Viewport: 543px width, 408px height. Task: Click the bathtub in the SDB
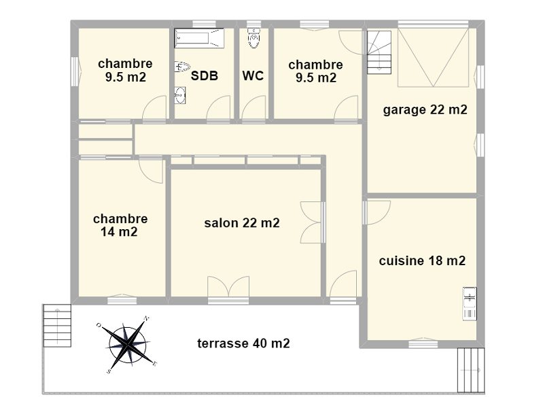pyautogui.click(x=199, y=38)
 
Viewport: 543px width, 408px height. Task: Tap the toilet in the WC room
pyautogui.click(x=254, y=37)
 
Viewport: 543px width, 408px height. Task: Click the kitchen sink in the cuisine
pyautogui.click(x=470, y=304)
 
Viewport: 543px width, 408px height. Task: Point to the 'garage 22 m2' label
pyautogui.click(x=425, y=110)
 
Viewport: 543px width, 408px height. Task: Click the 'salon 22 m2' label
pyautogui.click(x=242, y=223)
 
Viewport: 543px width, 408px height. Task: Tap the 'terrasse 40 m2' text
pyautogui.click(x=243, y=343)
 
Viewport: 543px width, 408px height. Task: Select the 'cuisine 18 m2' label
pyautogui.click(x=422, y=260)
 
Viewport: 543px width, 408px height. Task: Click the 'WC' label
pyautogui.click(x=253, y=75)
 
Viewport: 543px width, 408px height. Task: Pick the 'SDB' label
pyautogui.click(x=205, y=76)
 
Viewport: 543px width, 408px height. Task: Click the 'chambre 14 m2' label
pyautogui.click(x=120, y=225)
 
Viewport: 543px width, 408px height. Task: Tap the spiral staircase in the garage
pyautogui.click(x=379, y=52)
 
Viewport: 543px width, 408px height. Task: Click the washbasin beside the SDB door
pyautogui.click(x=180, y=95)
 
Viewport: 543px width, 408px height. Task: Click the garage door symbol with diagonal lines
pyautogui.click(x=434, y=58)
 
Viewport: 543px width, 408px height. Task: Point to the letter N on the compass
pyautogui.click(x=147, y=318)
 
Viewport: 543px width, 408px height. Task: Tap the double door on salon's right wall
pyautogui.click(x=312, y=222)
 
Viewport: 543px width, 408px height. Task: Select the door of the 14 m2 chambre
pyautogui.click(x=151, y=171)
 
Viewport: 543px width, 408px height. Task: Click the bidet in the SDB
pyautogui.click(x=183, y=66)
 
